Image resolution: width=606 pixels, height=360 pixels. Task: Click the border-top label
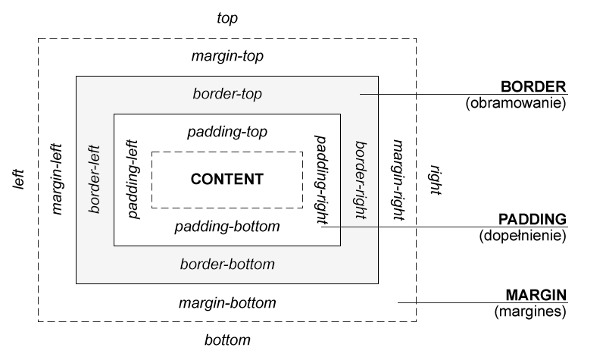[227, 95]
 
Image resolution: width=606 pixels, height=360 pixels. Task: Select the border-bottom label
[227, 265]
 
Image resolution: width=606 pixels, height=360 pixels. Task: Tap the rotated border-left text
[95, 180]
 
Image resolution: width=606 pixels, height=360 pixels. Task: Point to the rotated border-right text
[361, 180]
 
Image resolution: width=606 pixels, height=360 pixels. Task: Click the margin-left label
[57, 180]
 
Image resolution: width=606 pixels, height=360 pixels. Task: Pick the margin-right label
[398, 180]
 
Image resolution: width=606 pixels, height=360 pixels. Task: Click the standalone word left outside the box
[19, 180]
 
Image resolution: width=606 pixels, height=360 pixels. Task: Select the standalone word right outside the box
[436, 180]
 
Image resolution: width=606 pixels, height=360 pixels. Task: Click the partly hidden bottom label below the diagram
[227, 340]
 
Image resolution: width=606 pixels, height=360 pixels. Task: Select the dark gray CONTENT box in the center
[227, 180]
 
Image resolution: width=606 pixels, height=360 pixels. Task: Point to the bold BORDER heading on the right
[533, 86]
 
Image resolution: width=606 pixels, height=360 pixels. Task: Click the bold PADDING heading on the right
[533, 219]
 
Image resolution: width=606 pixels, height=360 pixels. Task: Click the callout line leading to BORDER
[454, 95]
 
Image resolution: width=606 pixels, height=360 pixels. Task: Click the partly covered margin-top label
[227, 57]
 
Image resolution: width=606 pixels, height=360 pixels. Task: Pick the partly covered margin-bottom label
[227, 303]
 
